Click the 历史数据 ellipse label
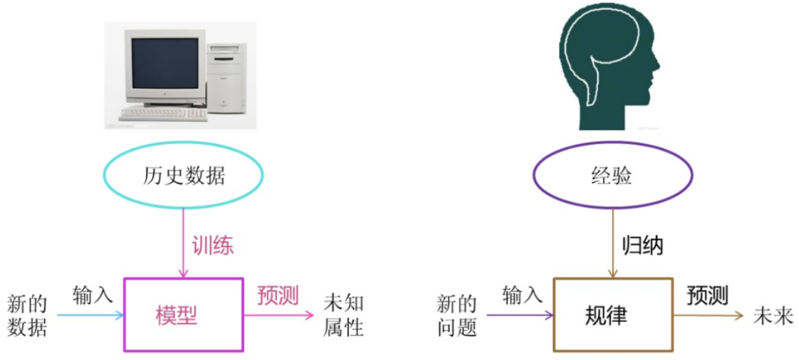tap(182, 175)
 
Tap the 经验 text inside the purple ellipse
tap(611, 175)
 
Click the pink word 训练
tap(212, 246)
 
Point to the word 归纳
tap(642, 246)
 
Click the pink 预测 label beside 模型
tap(278, 295)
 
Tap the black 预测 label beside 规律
tap(708, 295)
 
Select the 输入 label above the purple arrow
tap(522, 295)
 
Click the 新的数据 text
tap(27, 316)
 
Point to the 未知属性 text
tap(344, 316)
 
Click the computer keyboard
tap(162, 114)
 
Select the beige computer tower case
tap(226, 78)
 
